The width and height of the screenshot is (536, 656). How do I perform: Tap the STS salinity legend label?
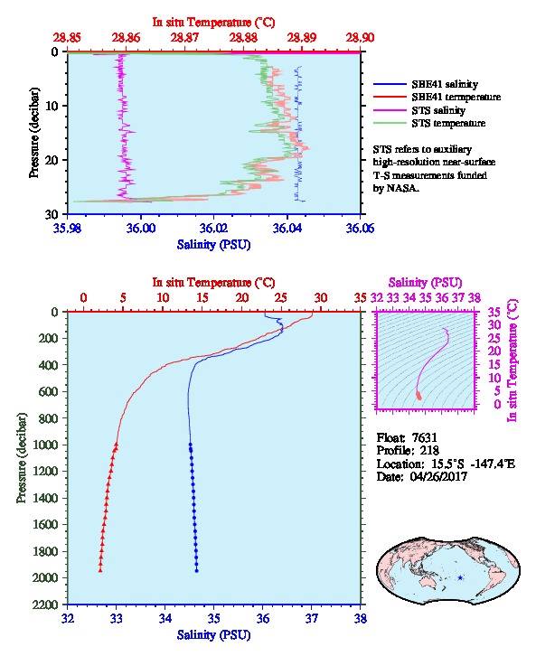[x=438, y=110]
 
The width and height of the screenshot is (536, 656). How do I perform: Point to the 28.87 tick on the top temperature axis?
[x=184, y=38]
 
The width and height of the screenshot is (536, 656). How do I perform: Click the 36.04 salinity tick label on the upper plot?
[x=287, y=229]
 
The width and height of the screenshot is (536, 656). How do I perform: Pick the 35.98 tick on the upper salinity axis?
[x=68, y=229]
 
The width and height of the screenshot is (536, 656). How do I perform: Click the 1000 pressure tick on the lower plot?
[x=46, y=445]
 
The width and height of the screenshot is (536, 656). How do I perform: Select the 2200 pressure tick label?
[x=46, y=604]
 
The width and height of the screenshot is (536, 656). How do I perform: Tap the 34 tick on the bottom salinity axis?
[x=165, y=618]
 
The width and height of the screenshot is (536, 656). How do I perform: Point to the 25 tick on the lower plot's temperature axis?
[x=281, y=298]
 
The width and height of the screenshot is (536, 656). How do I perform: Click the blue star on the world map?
[x=460, y=577]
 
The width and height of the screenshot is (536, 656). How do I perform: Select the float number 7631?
[x=424, y=437]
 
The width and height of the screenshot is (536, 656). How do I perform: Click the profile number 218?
[x=429, y=451]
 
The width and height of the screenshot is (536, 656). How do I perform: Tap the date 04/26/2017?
[x=438, y=476]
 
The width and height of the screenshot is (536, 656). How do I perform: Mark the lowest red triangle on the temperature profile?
[x=100, y=570]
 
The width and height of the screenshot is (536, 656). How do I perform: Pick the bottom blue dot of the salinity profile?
[x=197, y=571]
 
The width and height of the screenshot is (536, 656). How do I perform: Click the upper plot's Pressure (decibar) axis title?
[x=34, y=133]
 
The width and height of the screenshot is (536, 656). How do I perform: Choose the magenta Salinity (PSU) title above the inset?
[x=425, y=283]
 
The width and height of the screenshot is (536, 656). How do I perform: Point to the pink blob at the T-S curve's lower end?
[x=418, y=395]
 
